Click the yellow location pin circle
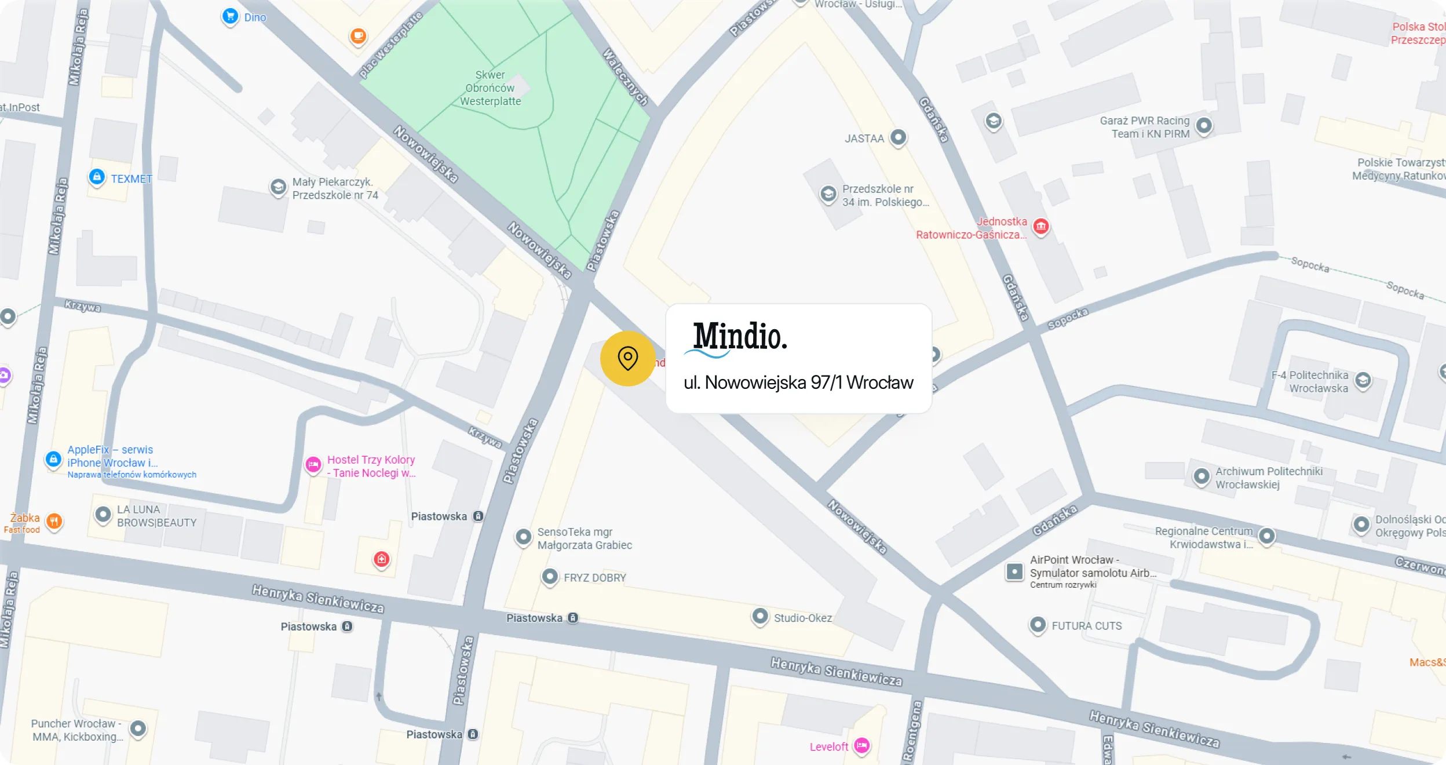coord(627,358)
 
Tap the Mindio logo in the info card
coord(737,338)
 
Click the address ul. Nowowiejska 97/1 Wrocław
coord(798,382)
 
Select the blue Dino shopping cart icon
coord(230,16)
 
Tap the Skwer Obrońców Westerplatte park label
coord(490,88)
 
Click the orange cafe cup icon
coord(358,37)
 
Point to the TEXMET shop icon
coord(97,177)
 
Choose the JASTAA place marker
coord(898,137)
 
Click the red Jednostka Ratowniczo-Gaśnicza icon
coord(1041,226)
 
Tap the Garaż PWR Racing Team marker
coord(1204,126)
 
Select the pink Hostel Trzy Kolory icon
coord(313,464)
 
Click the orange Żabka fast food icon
coord(54,521)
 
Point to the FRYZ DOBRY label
coord(594,578)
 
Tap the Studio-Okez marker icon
coord(759,616)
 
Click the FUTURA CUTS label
coord(1086,626)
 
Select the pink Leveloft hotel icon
coord(862,746)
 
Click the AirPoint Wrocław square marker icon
coord(1014,571)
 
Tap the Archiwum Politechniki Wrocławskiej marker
coord(1202,476)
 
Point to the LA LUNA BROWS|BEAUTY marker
coord(103,515)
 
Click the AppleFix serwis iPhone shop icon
coord(53,460)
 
